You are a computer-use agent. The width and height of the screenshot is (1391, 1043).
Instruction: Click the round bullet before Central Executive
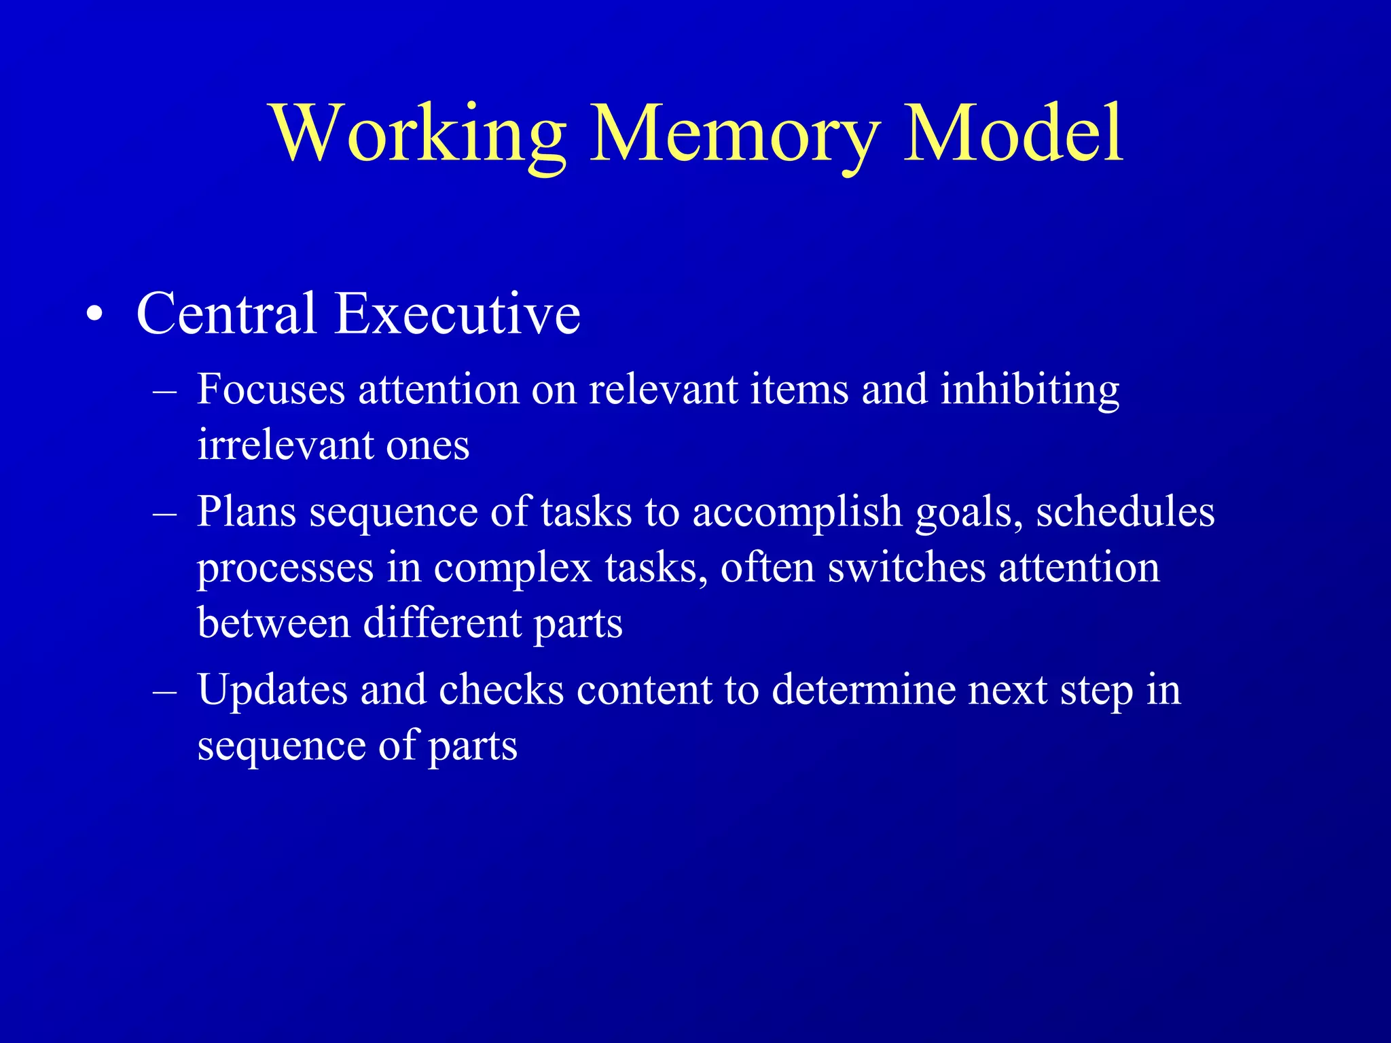95,315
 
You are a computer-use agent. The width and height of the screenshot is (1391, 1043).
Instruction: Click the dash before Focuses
165,392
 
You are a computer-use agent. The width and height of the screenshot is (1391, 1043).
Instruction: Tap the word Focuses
271,390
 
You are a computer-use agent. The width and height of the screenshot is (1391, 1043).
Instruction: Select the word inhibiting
1030,391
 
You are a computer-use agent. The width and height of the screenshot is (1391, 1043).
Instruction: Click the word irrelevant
285,445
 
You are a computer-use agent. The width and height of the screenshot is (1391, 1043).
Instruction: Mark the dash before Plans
165,514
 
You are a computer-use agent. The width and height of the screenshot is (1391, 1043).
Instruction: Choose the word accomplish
797,513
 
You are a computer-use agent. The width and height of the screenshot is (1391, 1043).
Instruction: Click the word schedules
1125,511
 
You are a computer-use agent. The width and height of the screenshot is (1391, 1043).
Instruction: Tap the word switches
907,567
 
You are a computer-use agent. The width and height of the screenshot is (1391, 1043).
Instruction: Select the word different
441,623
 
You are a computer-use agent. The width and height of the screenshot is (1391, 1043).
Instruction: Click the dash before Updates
165,692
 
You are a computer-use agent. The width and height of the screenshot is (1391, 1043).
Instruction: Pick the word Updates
272,691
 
